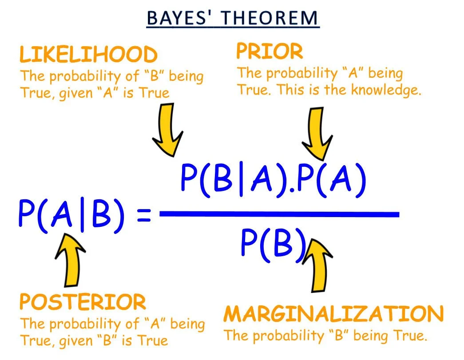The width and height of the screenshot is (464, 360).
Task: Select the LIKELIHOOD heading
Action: [88, 55]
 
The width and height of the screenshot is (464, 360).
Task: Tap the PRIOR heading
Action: [269, 52]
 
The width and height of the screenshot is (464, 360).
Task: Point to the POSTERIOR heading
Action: [83, 303]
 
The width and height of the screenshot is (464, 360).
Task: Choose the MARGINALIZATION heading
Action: [333, 314]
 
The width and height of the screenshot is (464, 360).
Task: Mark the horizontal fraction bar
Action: [280, 214]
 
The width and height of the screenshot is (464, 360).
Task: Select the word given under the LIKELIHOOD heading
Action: [67, 93]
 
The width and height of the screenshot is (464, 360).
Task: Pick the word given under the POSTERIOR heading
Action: [67, 340]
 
